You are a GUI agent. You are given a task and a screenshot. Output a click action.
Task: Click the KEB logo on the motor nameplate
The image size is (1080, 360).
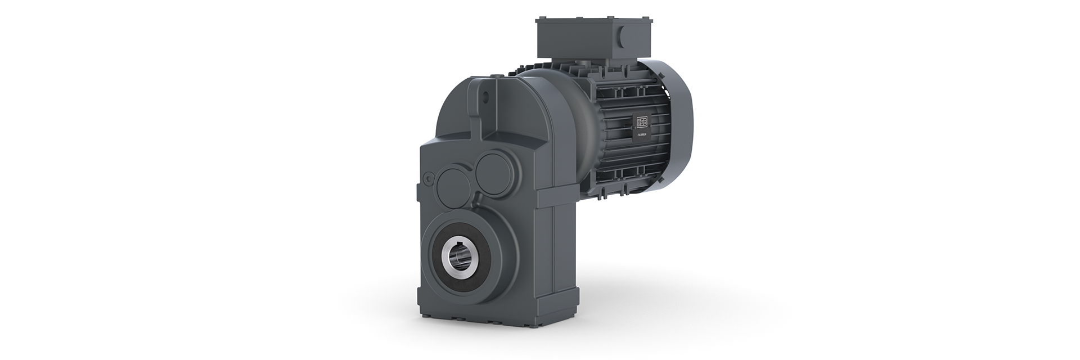click(x=642, y=123)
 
